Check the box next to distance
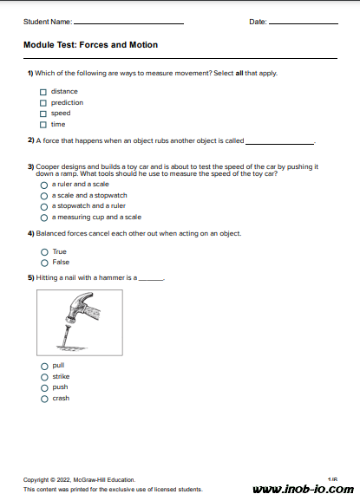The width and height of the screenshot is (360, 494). [x=43, y=92]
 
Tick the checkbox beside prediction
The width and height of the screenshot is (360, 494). [x=43, y=103]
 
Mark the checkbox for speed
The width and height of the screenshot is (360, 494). [x=43, y=114]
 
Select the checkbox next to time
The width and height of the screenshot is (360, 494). [x=43, y=125]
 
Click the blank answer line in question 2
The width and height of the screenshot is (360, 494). [x=279, y=144]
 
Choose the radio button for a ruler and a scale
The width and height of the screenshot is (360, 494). [x=44, y=185]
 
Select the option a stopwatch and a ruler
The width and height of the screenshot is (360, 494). [x=44, y=207]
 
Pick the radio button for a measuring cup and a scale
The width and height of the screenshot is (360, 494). [x=44, y=218]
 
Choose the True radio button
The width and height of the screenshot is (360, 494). [x=44, y=252]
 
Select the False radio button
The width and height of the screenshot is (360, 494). [x=44, y=263]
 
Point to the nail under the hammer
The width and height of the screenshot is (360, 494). [x=66, y=336]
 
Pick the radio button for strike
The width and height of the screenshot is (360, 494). [x=44, y=377]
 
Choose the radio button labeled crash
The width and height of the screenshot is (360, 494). [x=44, y=399]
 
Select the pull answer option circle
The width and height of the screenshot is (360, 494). [x=44, y=366]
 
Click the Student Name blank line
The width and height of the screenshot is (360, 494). [x=128, y=23]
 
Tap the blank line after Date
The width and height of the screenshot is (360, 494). [x=304, y=23]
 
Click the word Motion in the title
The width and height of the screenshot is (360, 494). [x=143, y=45]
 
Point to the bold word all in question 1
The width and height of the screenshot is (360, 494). [x=239, y=73]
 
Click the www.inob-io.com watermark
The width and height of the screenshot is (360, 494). [x=304, y=488]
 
